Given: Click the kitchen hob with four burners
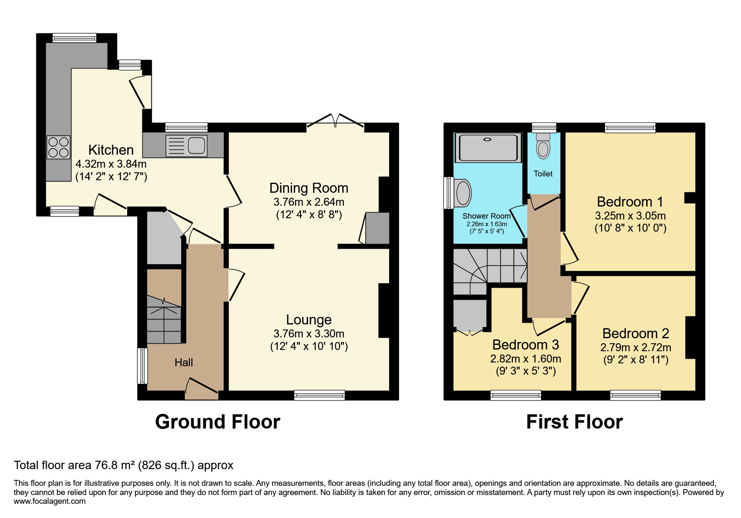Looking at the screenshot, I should (58, 147).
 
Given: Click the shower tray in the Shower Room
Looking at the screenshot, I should (488, 148).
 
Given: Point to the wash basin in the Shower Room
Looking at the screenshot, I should (463, 193).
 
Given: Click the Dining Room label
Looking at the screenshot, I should (309, 188).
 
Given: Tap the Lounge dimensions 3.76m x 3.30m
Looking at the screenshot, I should (309, 334).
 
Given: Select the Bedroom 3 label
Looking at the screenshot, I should (526, 345).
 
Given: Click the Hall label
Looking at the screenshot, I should (184, 362).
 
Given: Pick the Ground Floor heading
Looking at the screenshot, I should (218, 422).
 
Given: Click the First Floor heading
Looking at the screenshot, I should (574, 422).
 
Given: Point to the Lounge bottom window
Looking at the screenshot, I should (320, 395).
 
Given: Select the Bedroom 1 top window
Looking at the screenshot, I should (630, 128).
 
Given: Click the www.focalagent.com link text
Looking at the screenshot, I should (50, 501).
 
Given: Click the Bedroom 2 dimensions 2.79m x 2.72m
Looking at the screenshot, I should (636, 347).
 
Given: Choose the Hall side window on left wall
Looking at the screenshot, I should (143, 366).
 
